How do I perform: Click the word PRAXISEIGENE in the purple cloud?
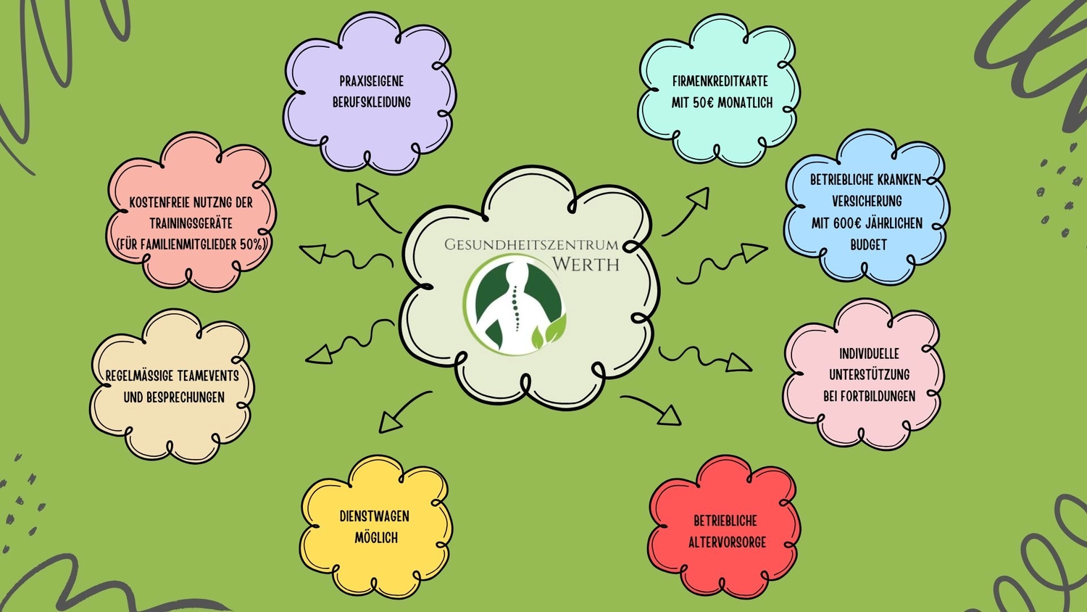(x=371, y=80)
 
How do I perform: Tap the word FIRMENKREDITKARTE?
(x=720, y=81)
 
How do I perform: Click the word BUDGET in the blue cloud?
(x=868, y=244)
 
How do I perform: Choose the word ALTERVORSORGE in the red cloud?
(x=727, y=542)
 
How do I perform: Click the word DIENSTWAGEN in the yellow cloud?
(x=374, y=516)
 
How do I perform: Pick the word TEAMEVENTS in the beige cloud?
(x=208, y=376)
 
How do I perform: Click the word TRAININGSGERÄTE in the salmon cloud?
(x=191, y=223)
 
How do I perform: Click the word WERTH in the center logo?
(x=586, y=264)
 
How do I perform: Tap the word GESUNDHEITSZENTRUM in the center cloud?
(x=531, y=244)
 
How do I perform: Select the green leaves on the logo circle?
(x=549, y=333)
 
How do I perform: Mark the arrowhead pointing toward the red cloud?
(x=670, y=415)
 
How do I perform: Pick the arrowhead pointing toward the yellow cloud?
(x=389, y=423)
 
